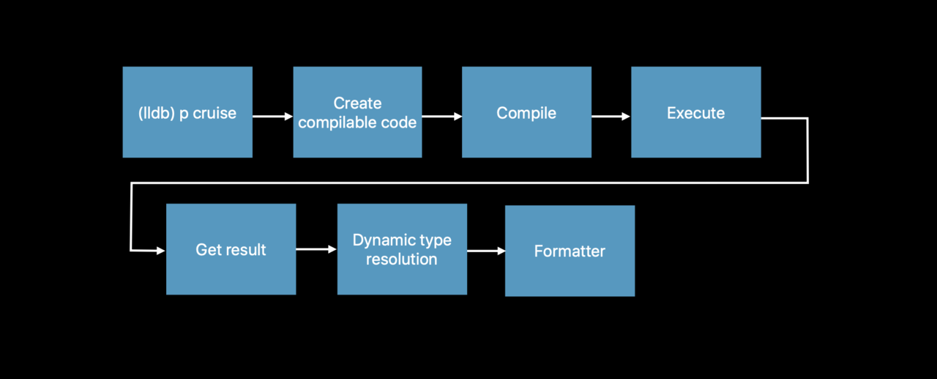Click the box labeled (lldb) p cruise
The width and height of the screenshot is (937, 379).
(187, 112)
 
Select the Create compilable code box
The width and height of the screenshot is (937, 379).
(358, 112)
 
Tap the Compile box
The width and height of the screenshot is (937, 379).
(526, 112)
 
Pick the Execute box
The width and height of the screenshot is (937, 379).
(696, 112)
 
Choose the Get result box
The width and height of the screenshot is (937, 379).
(231, 249)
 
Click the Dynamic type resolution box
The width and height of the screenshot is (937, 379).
(402, 249)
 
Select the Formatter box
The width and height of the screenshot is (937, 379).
(570, 251)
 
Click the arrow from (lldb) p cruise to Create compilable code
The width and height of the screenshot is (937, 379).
(273, 116)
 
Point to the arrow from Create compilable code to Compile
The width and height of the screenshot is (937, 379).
(442, 116)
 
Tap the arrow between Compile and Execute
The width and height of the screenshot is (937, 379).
(611, 116)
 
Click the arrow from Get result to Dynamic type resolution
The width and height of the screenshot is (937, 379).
(316, 249)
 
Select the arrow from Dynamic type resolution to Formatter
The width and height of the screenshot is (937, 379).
(486, 251)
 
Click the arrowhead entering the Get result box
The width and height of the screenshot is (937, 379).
(161, 251)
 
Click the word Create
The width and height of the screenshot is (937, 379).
(358, 103)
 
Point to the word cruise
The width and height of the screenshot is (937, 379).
(214, 113)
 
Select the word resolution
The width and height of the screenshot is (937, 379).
(402, 260)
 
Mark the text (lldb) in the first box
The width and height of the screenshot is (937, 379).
(157, 113)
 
